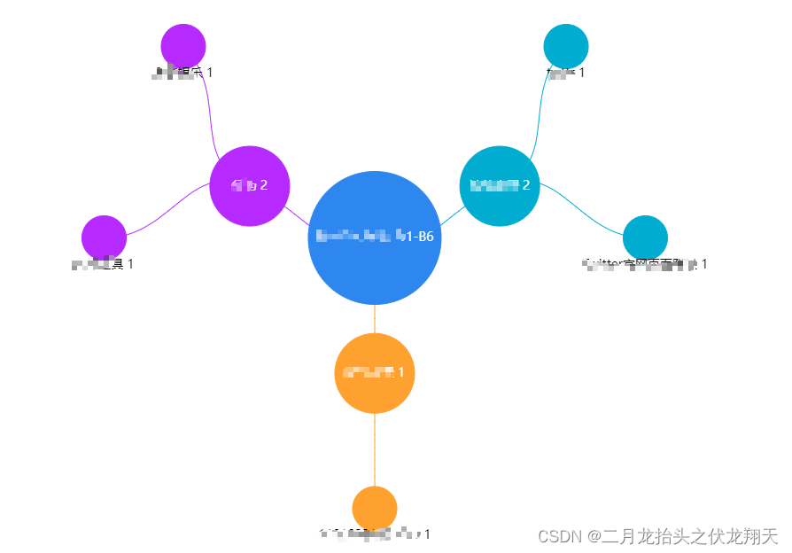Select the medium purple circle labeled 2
(250, 186)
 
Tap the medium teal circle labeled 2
(500, 186)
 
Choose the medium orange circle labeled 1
(375, 373)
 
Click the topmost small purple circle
(183, 46)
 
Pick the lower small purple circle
(104, 238)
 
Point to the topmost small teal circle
(565, 46)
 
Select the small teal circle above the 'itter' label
(645, 238)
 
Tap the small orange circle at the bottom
(375, 509)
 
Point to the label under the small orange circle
(375, 534)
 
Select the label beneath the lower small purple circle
(103, 264)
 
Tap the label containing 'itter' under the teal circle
(644, 264)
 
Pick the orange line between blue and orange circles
(375, 319)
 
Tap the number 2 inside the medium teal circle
(526, 185)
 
